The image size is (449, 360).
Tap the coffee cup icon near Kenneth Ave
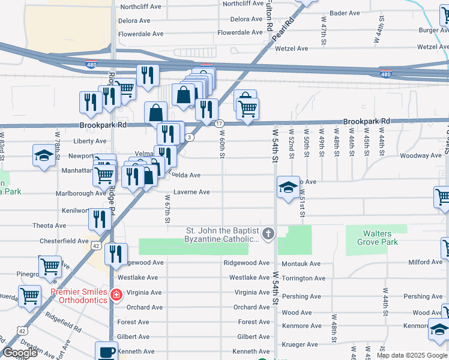point(107,352)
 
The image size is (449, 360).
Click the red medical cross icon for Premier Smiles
point(116,295)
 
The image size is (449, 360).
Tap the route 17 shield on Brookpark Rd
point(219,122)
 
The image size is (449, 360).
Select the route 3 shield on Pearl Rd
point(190,137)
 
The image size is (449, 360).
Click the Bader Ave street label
point(345,13)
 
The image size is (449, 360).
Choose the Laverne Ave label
point(191,192)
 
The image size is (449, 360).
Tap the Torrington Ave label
point(303,278)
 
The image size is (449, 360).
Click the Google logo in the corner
point(20,353)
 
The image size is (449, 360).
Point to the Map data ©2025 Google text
point(411,355)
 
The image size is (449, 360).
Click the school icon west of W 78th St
point(44,155)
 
